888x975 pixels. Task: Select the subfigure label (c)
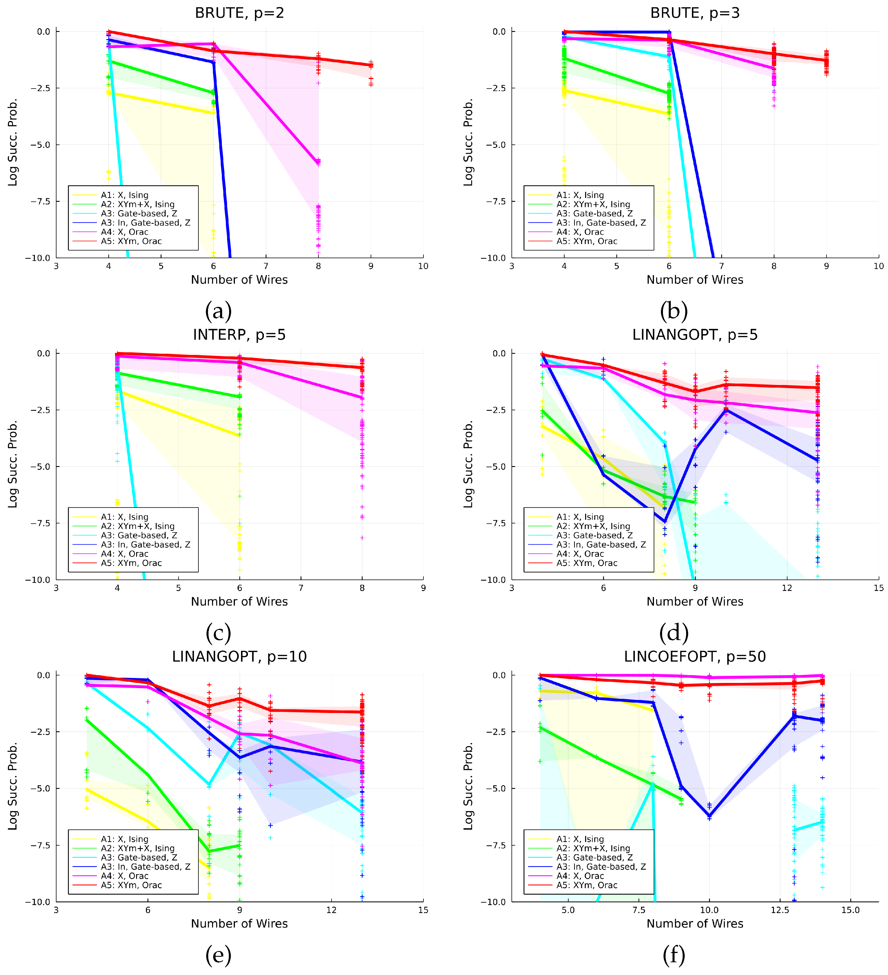[x=218, y=632]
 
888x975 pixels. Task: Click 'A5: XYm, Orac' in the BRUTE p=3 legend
[x=601, y=241]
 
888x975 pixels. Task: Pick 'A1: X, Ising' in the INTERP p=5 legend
[x=124, y=517]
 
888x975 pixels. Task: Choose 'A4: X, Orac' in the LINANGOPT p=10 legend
[x=124, y=876]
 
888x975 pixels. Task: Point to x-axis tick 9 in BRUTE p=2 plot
[x=371, y=266]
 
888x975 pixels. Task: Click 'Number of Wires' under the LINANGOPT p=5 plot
[x=695, y=602]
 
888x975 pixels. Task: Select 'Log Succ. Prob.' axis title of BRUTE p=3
[x=468, y=142]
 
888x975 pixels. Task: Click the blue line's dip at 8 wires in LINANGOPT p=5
[x=665, y=521]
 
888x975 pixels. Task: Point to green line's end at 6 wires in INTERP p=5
[x=240, y=397]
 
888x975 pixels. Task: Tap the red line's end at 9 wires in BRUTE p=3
[x=827, y=61]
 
